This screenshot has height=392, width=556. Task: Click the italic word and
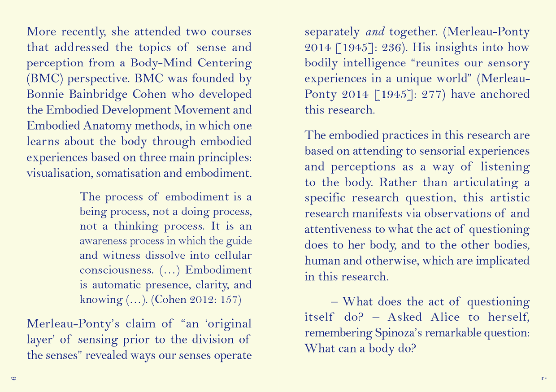point(375,32)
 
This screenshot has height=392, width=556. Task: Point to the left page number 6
point(14,378)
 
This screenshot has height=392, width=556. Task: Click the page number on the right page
point(543,378)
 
